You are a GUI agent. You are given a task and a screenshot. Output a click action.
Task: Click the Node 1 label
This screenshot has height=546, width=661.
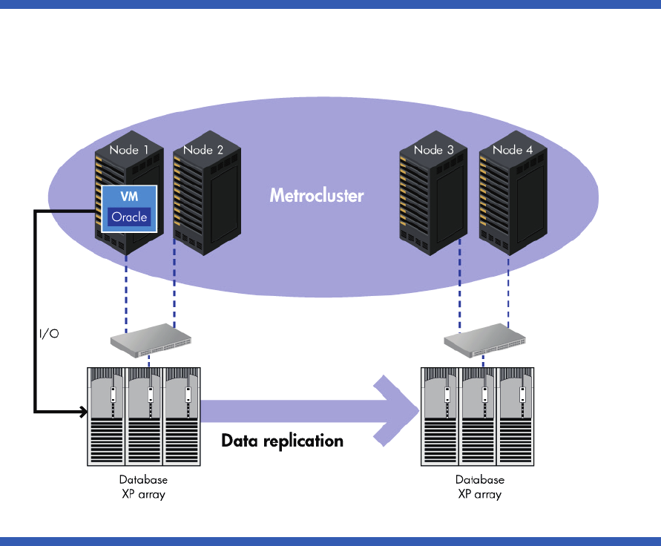pos(129,150)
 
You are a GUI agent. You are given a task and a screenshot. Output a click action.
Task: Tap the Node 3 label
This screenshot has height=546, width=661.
pos(433,150)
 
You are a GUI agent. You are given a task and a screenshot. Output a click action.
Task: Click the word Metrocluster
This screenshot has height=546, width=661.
pos(317,196)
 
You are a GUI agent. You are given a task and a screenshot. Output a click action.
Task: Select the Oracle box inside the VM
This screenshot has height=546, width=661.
pos(130,217)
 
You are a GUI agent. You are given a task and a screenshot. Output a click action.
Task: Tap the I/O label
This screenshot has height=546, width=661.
pos(49,334)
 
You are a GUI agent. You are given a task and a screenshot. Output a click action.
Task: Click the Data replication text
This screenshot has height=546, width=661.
pos(283,441)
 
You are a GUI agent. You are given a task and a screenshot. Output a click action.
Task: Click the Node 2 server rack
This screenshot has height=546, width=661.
pos(206,200)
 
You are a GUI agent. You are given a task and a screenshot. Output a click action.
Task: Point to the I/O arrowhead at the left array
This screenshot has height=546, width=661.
pos(82,410)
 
